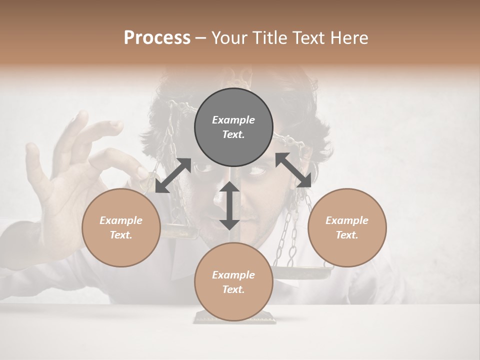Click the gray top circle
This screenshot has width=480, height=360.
tap(233, 127)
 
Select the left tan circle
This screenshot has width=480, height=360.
tap(121, 227)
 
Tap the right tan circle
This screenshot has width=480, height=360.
tap(347, 227)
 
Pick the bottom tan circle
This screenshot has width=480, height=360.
tap(233, 282)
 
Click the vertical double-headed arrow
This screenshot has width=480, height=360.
tap(229, 205)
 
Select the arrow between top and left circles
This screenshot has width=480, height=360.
tap(173, 175)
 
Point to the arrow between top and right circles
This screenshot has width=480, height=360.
tap(293, 170)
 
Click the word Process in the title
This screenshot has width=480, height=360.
tap(157, 37)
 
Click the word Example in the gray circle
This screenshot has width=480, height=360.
tap(233, 120)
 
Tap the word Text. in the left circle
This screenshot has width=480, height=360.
tap(121, 235)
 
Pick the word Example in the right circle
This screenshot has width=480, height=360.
tap(347, 220)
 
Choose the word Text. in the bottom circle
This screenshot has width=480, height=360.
tap(233, 289)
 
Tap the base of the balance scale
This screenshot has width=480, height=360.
tap(234, 318)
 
